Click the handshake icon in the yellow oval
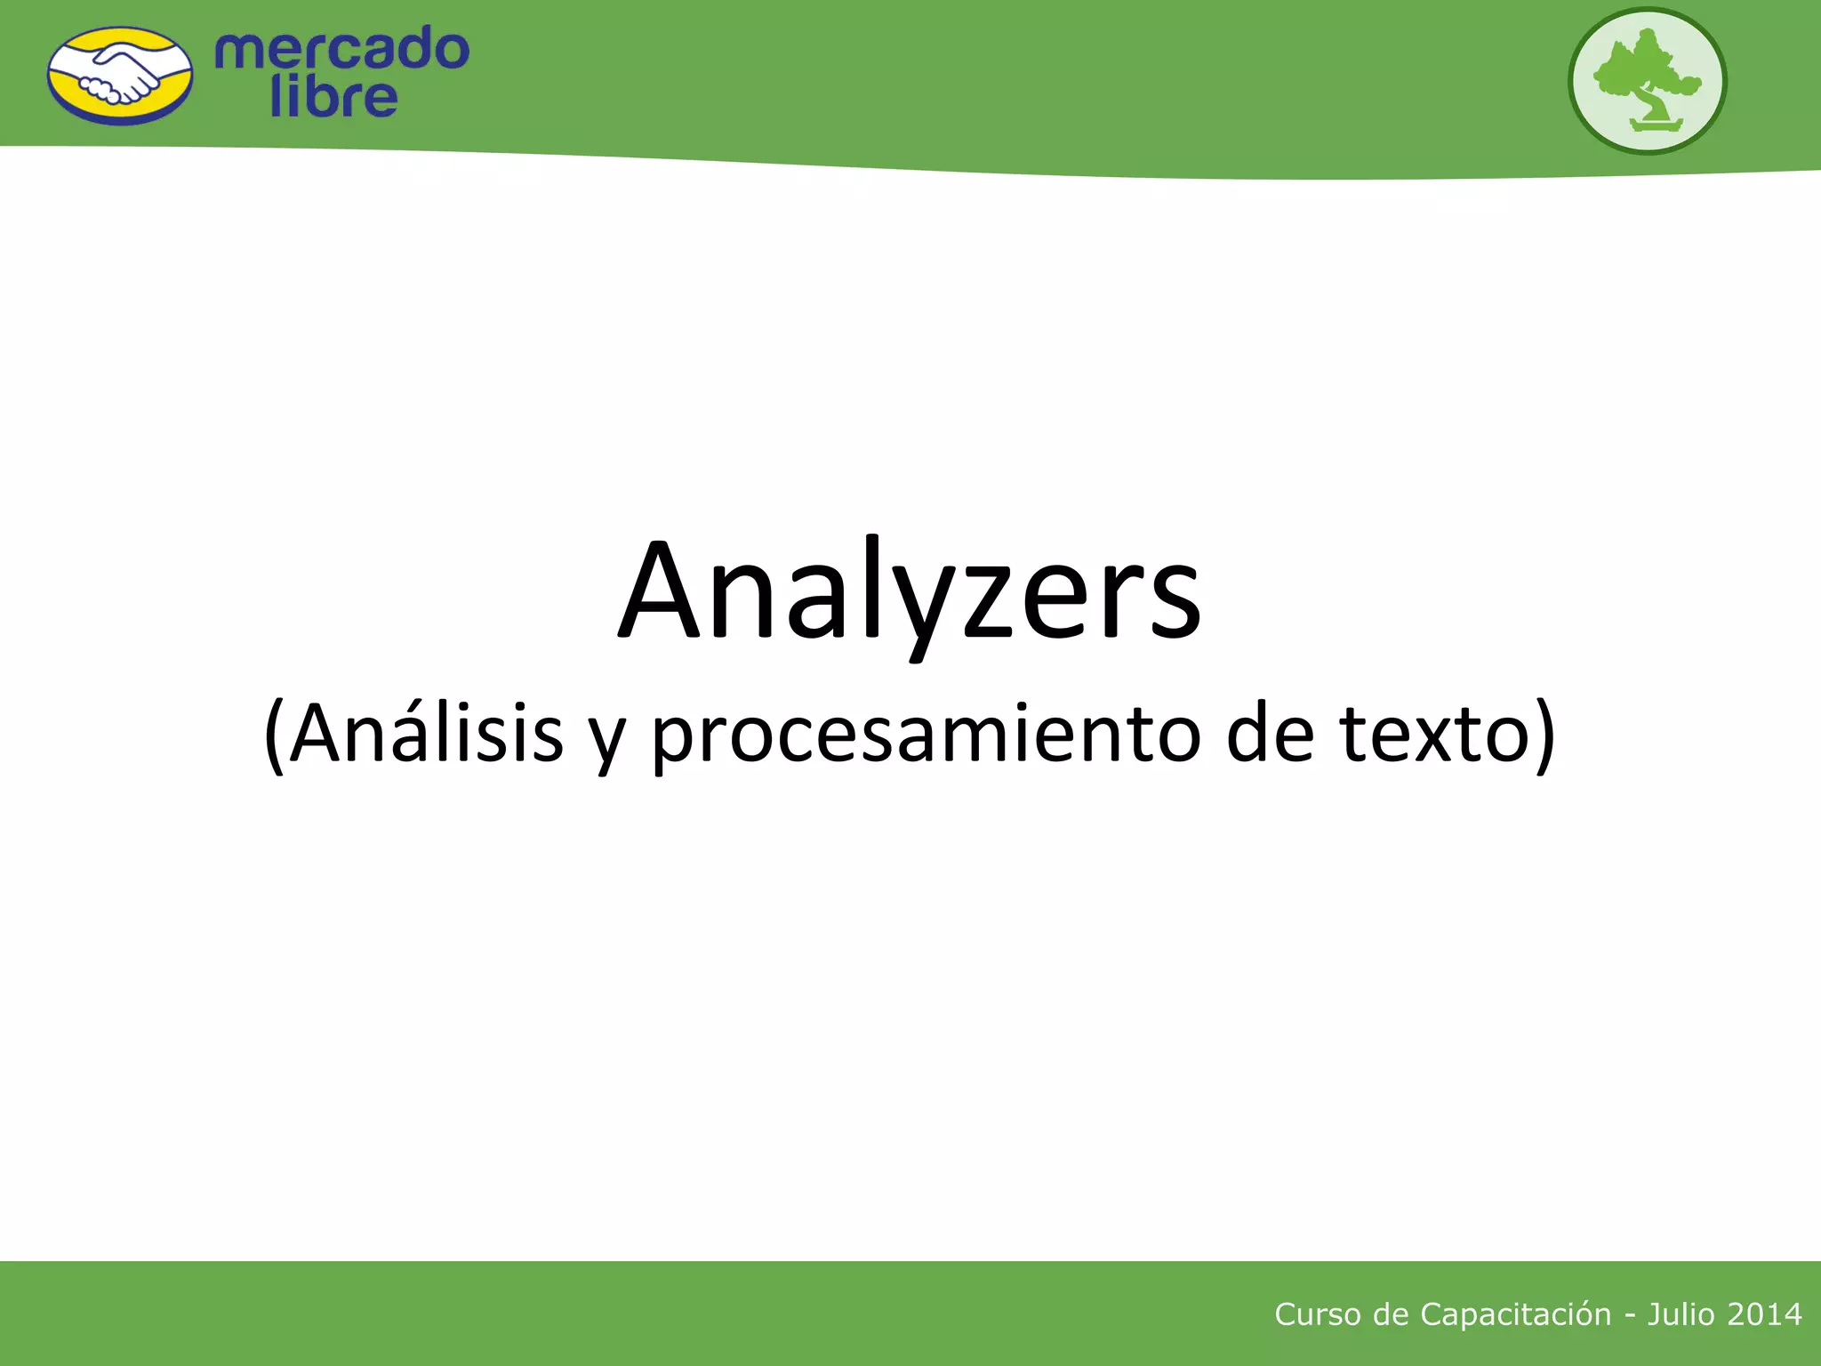(120, 76)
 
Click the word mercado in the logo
(341, 50)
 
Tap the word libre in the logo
(333, 98)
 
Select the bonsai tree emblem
(1647, 80)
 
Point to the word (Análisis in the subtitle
(414, 734)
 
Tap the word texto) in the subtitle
(1448, 734)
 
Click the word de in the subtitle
(1270, 734)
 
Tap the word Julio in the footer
(1681, 1314)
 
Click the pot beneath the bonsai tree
(1657, 125)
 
